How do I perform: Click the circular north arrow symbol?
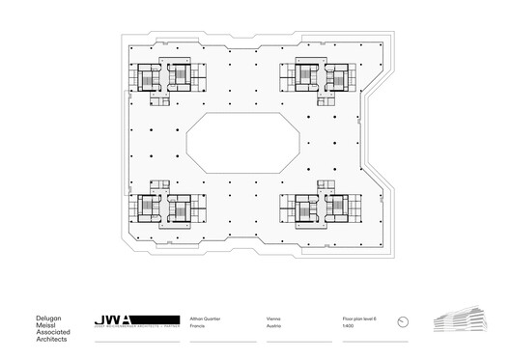coord(407,320)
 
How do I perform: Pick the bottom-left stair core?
coord(163,207)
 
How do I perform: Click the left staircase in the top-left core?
coord(150,77)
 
